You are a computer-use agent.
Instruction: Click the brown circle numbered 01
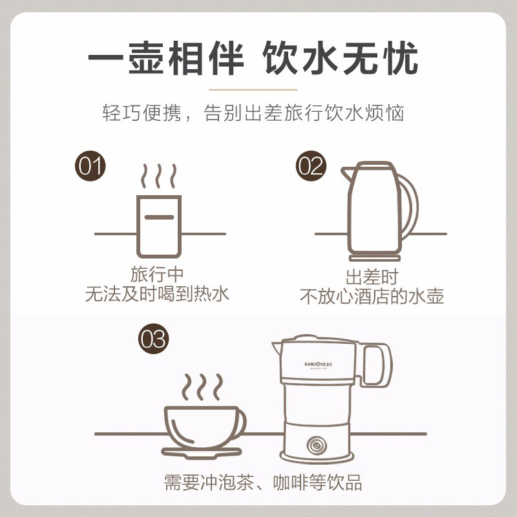pos(90,165)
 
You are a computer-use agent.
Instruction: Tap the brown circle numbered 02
pos(311,165)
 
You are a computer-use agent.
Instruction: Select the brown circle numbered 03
pos(153,339)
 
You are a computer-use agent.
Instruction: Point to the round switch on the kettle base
pos(317,445)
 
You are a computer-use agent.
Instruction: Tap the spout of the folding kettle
pos(277,348)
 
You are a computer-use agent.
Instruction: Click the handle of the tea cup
pos(242,424)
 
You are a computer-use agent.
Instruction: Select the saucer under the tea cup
pos(202,453)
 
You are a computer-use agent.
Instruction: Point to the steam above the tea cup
pos(202,386)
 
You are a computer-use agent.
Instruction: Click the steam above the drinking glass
pos(158,176)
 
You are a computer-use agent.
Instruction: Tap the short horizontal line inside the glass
pos(159,217)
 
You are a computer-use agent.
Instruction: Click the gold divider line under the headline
pos(253,89)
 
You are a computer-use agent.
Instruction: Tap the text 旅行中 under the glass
pos(157,274)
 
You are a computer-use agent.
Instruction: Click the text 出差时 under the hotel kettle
pos(372,277)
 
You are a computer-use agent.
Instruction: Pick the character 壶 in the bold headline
pos(145,58)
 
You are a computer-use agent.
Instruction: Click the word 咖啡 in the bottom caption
pos(290,483)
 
